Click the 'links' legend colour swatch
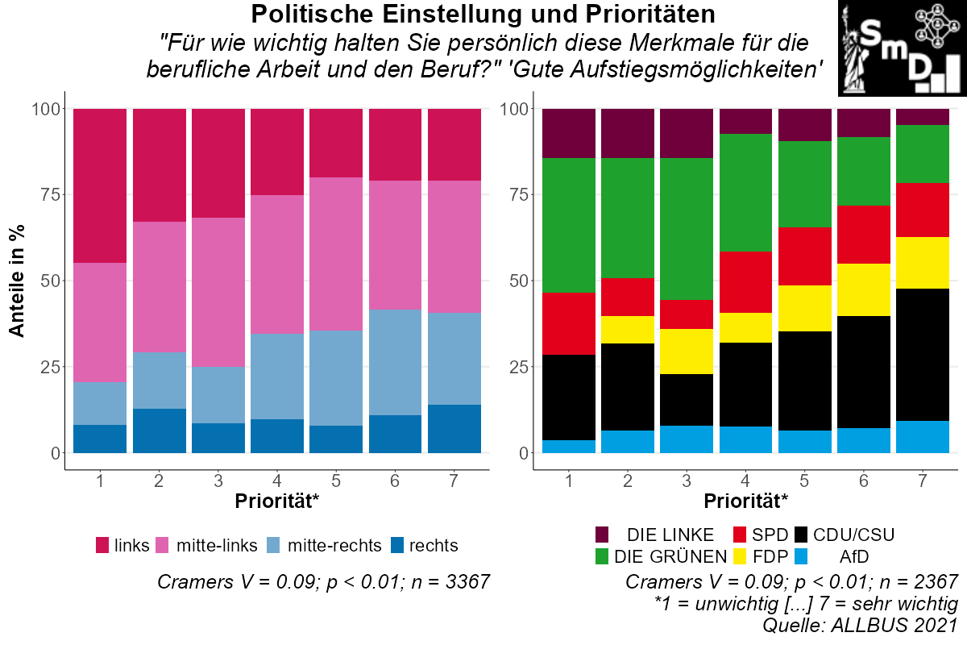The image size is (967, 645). [102, 546]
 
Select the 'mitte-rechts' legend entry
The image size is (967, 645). [334, 546]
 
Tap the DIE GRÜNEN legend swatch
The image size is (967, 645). [602, 556]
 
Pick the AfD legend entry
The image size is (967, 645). [854, 556]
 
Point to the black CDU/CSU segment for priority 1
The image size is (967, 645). [569, 397]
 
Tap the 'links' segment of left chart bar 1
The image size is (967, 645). [100, 185]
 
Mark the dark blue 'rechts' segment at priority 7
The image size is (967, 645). [454, 429]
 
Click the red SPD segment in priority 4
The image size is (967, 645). [745, 282]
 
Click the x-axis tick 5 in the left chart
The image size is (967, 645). [336, 481]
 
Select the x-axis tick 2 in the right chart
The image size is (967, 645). [628, 481]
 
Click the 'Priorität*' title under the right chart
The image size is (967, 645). [745, 501]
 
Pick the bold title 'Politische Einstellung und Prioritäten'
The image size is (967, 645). [483, 15]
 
